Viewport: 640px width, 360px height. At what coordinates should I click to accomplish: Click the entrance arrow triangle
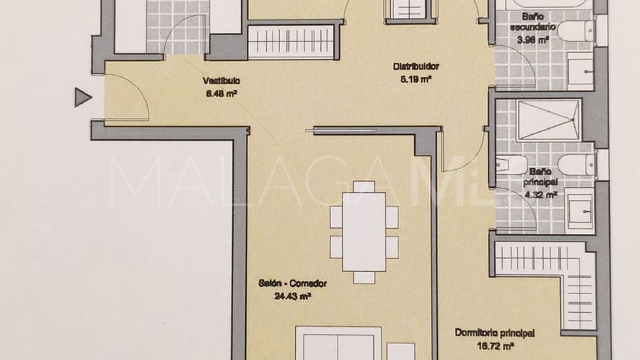82,97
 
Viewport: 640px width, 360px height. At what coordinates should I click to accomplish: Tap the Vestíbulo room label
221,81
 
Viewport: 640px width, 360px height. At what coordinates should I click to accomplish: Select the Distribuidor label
416,66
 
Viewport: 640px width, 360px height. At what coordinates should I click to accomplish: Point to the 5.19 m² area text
416,80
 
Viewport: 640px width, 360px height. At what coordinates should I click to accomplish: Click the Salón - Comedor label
292,284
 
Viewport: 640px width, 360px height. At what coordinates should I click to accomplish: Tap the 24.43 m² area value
292,296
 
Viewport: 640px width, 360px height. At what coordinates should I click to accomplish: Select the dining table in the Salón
364,231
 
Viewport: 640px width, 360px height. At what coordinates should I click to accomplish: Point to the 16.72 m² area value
495,347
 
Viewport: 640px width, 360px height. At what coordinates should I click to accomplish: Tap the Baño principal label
540,177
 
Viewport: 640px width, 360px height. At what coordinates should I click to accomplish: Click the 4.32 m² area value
541,195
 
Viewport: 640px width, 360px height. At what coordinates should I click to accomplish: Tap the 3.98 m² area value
533,40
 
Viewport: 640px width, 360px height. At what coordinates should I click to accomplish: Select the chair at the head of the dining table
364,187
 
